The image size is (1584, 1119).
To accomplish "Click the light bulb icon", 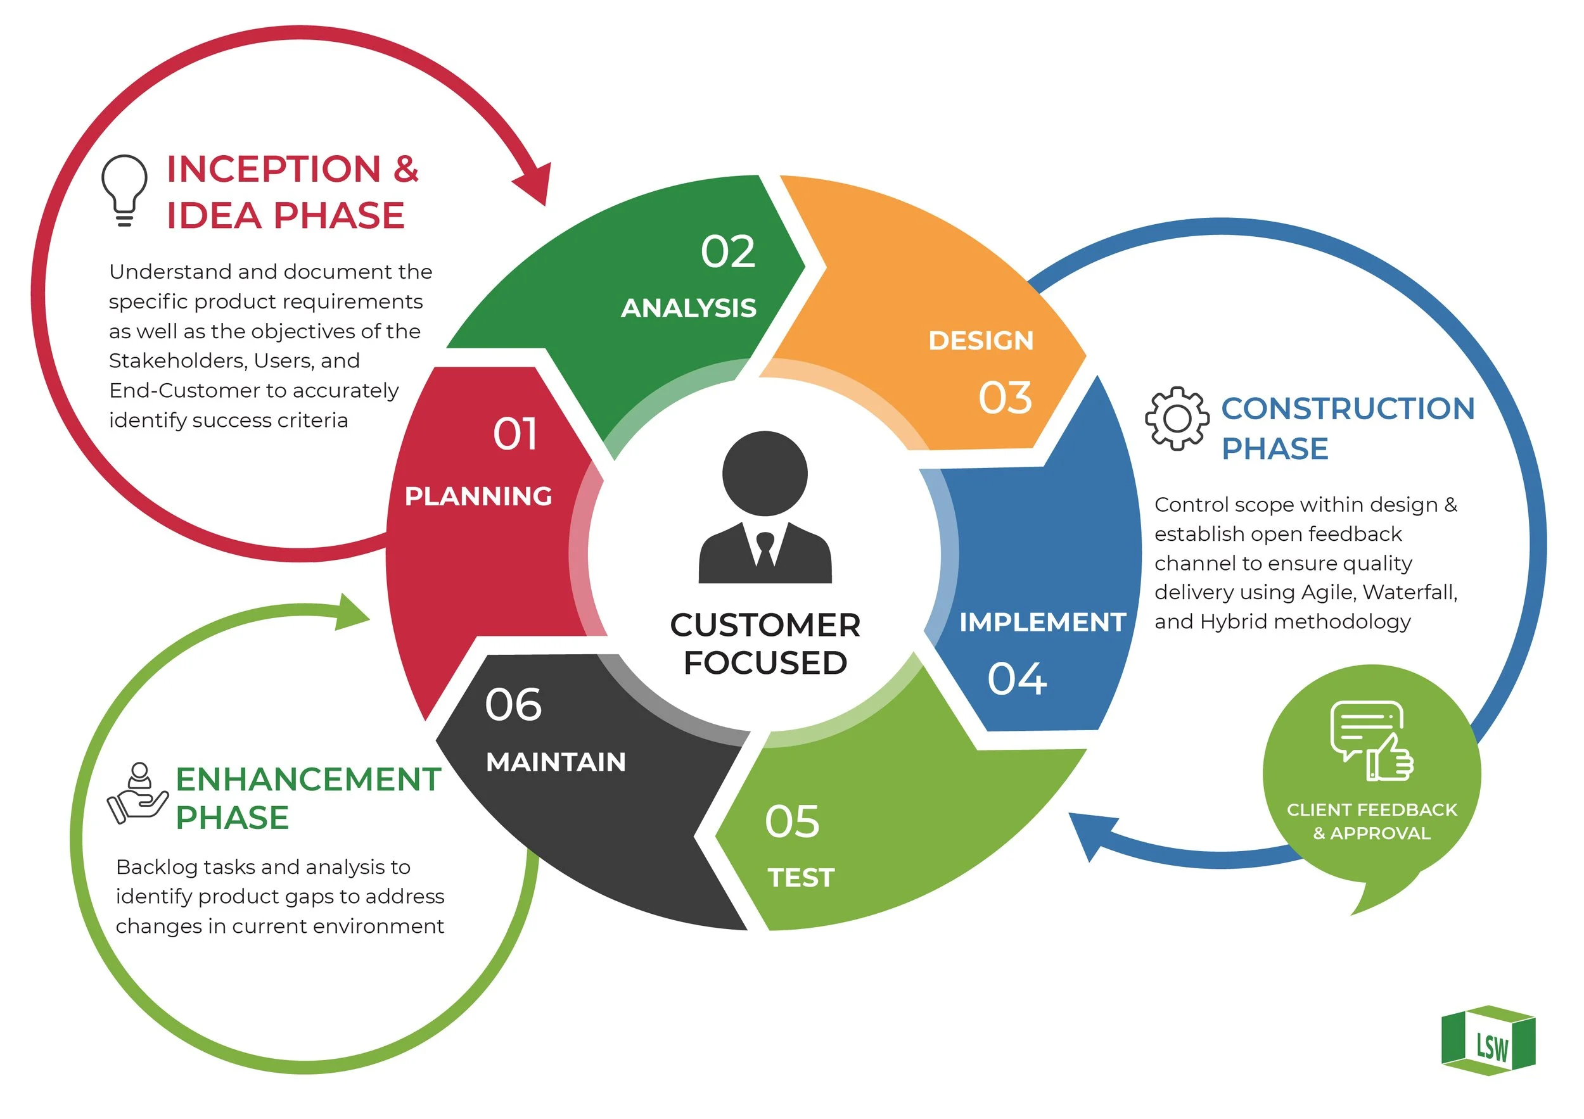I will pyautogui.click(x=124, y=189).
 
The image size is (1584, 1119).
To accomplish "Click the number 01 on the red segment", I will pyautogui.click(x=514, y=434).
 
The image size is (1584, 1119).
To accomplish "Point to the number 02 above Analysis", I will pyautogui.click(x=728, y=251).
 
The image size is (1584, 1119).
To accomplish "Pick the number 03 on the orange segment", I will pyautogui.click(x=1005, y=398).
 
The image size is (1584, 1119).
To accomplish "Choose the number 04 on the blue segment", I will pyautogui.click(x=1017, y=679).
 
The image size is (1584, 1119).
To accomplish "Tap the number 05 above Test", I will pyautogui.click(x=792, y=821).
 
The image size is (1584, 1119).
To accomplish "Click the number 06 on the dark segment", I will pyautogui.click(x=513, y=705).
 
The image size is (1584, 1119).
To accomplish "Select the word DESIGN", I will pyautogui.click(x=980, y=341).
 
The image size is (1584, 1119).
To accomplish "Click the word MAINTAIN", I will pyautogui.click(x=556, y=762).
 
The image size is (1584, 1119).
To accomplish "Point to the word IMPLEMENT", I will pyautogui.click(x=1042, y=622).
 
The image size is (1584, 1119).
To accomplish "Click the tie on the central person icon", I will pyautogui.click(x=765, y=549).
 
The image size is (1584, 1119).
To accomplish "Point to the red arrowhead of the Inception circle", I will pyautogui.click(x=535, y=184).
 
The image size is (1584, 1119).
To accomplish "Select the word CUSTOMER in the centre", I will pyautogui.click(x=765, y=625).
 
